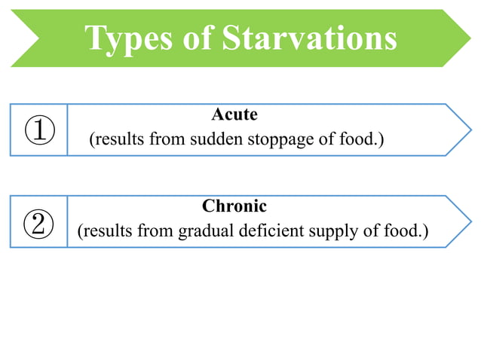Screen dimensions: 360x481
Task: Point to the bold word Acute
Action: (x=234, y=114)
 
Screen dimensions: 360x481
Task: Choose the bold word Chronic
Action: (x=234, y=206)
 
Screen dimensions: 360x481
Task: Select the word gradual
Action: (x=204, y=232)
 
